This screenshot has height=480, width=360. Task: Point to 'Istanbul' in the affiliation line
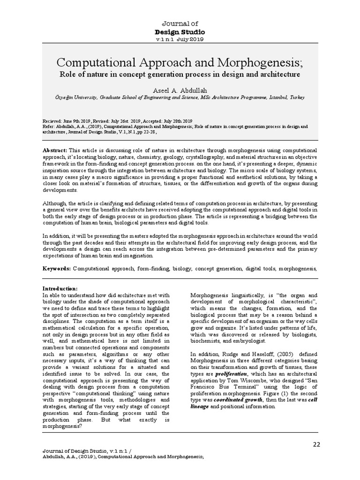coord(277,97)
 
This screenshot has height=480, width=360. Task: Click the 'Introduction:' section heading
coord(60,288)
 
